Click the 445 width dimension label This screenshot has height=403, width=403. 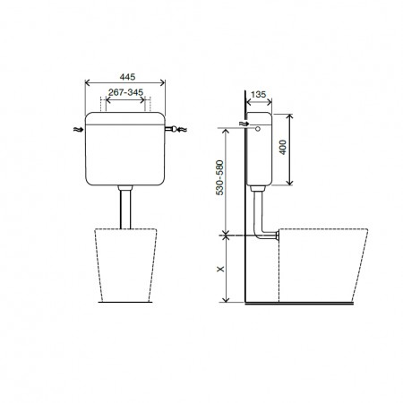[x=127, y=77]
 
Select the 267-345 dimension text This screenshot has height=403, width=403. [x=125, y=92]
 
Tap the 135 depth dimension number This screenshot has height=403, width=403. [x=258, y=94]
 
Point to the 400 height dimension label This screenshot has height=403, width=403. [x=283, y=147]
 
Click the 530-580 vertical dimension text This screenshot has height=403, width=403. [x=219, y=178]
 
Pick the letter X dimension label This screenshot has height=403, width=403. [x=220, y=269]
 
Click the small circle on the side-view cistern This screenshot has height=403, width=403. [x=258, y=129]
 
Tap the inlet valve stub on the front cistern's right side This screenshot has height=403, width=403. [x=169, y=129]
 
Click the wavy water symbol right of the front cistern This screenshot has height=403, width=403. [x=182, y=129]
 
